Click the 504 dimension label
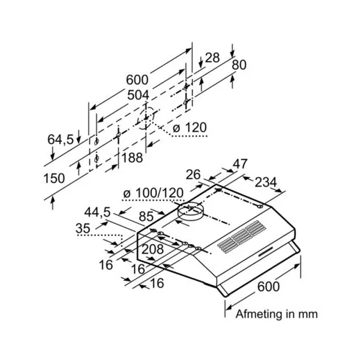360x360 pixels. click(138, 95)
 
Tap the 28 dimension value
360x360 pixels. click(212, 58)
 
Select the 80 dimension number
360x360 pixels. click(239, 65)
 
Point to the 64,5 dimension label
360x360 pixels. click(60, 140)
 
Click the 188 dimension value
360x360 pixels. click(132, 158)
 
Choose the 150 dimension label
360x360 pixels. click(54, 179)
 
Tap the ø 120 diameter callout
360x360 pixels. click(189, 127)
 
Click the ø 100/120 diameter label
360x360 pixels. click(153, 193)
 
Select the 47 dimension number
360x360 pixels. click(240, 164)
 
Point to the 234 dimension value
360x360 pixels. click(266, 182)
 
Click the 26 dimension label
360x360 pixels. click(193, 175)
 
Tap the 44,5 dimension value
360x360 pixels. click(97, 212)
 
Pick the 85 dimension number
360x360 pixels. click(146, 217)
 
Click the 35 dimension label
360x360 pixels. click(83, 228)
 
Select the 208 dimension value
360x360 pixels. click(153, 249)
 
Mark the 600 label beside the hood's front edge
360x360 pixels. click(269, 287)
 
